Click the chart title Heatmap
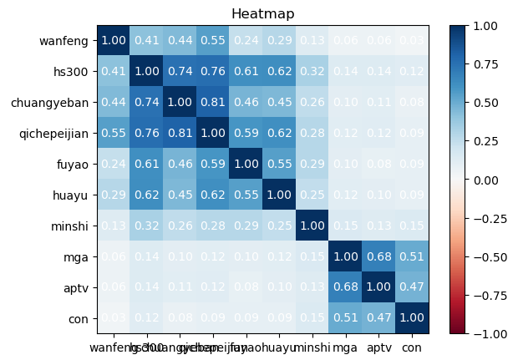[264, 13]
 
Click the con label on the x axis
[412, 346]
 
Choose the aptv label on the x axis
[379, 346]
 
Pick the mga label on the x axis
[346, 346]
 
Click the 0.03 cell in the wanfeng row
[412, 40]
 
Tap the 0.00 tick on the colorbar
[493, 180]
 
